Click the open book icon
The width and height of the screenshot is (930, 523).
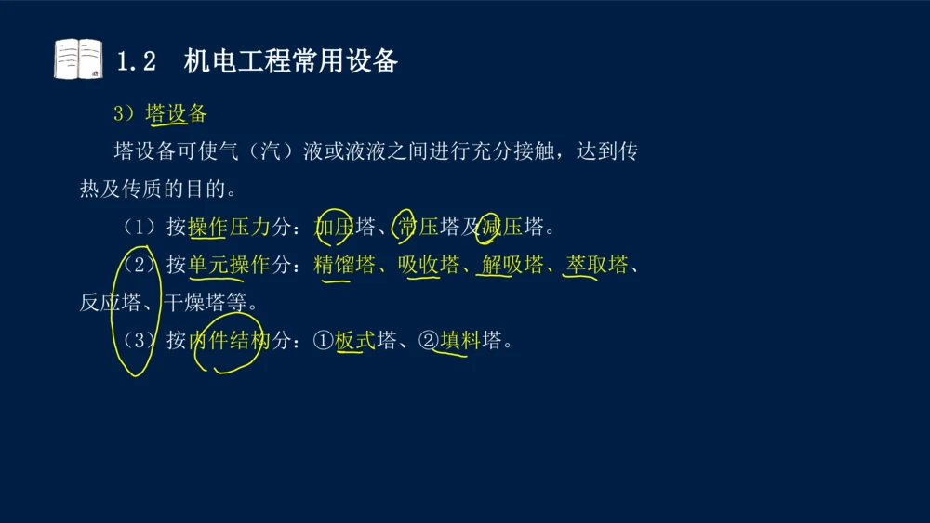78,59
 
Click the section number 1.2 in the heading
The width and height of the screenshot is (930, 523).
136,62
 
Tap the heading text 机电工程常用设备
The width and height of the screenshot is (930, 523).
290,61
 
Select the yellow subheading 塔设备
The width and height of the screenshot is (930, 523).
176,113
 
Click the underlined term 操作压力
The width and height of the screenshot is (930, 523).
229,227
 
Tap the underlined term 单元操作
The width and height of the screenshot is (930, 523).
229,265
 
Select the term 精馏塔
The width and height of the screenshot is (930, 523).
344,265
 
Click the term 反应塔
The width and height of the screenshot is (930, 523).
110,303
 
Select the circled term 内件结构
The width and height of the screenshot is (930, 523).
229,341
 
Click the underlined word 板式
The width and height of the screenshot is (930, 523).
354,341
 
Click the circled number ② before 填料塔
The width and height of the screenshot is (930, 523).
429,341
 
